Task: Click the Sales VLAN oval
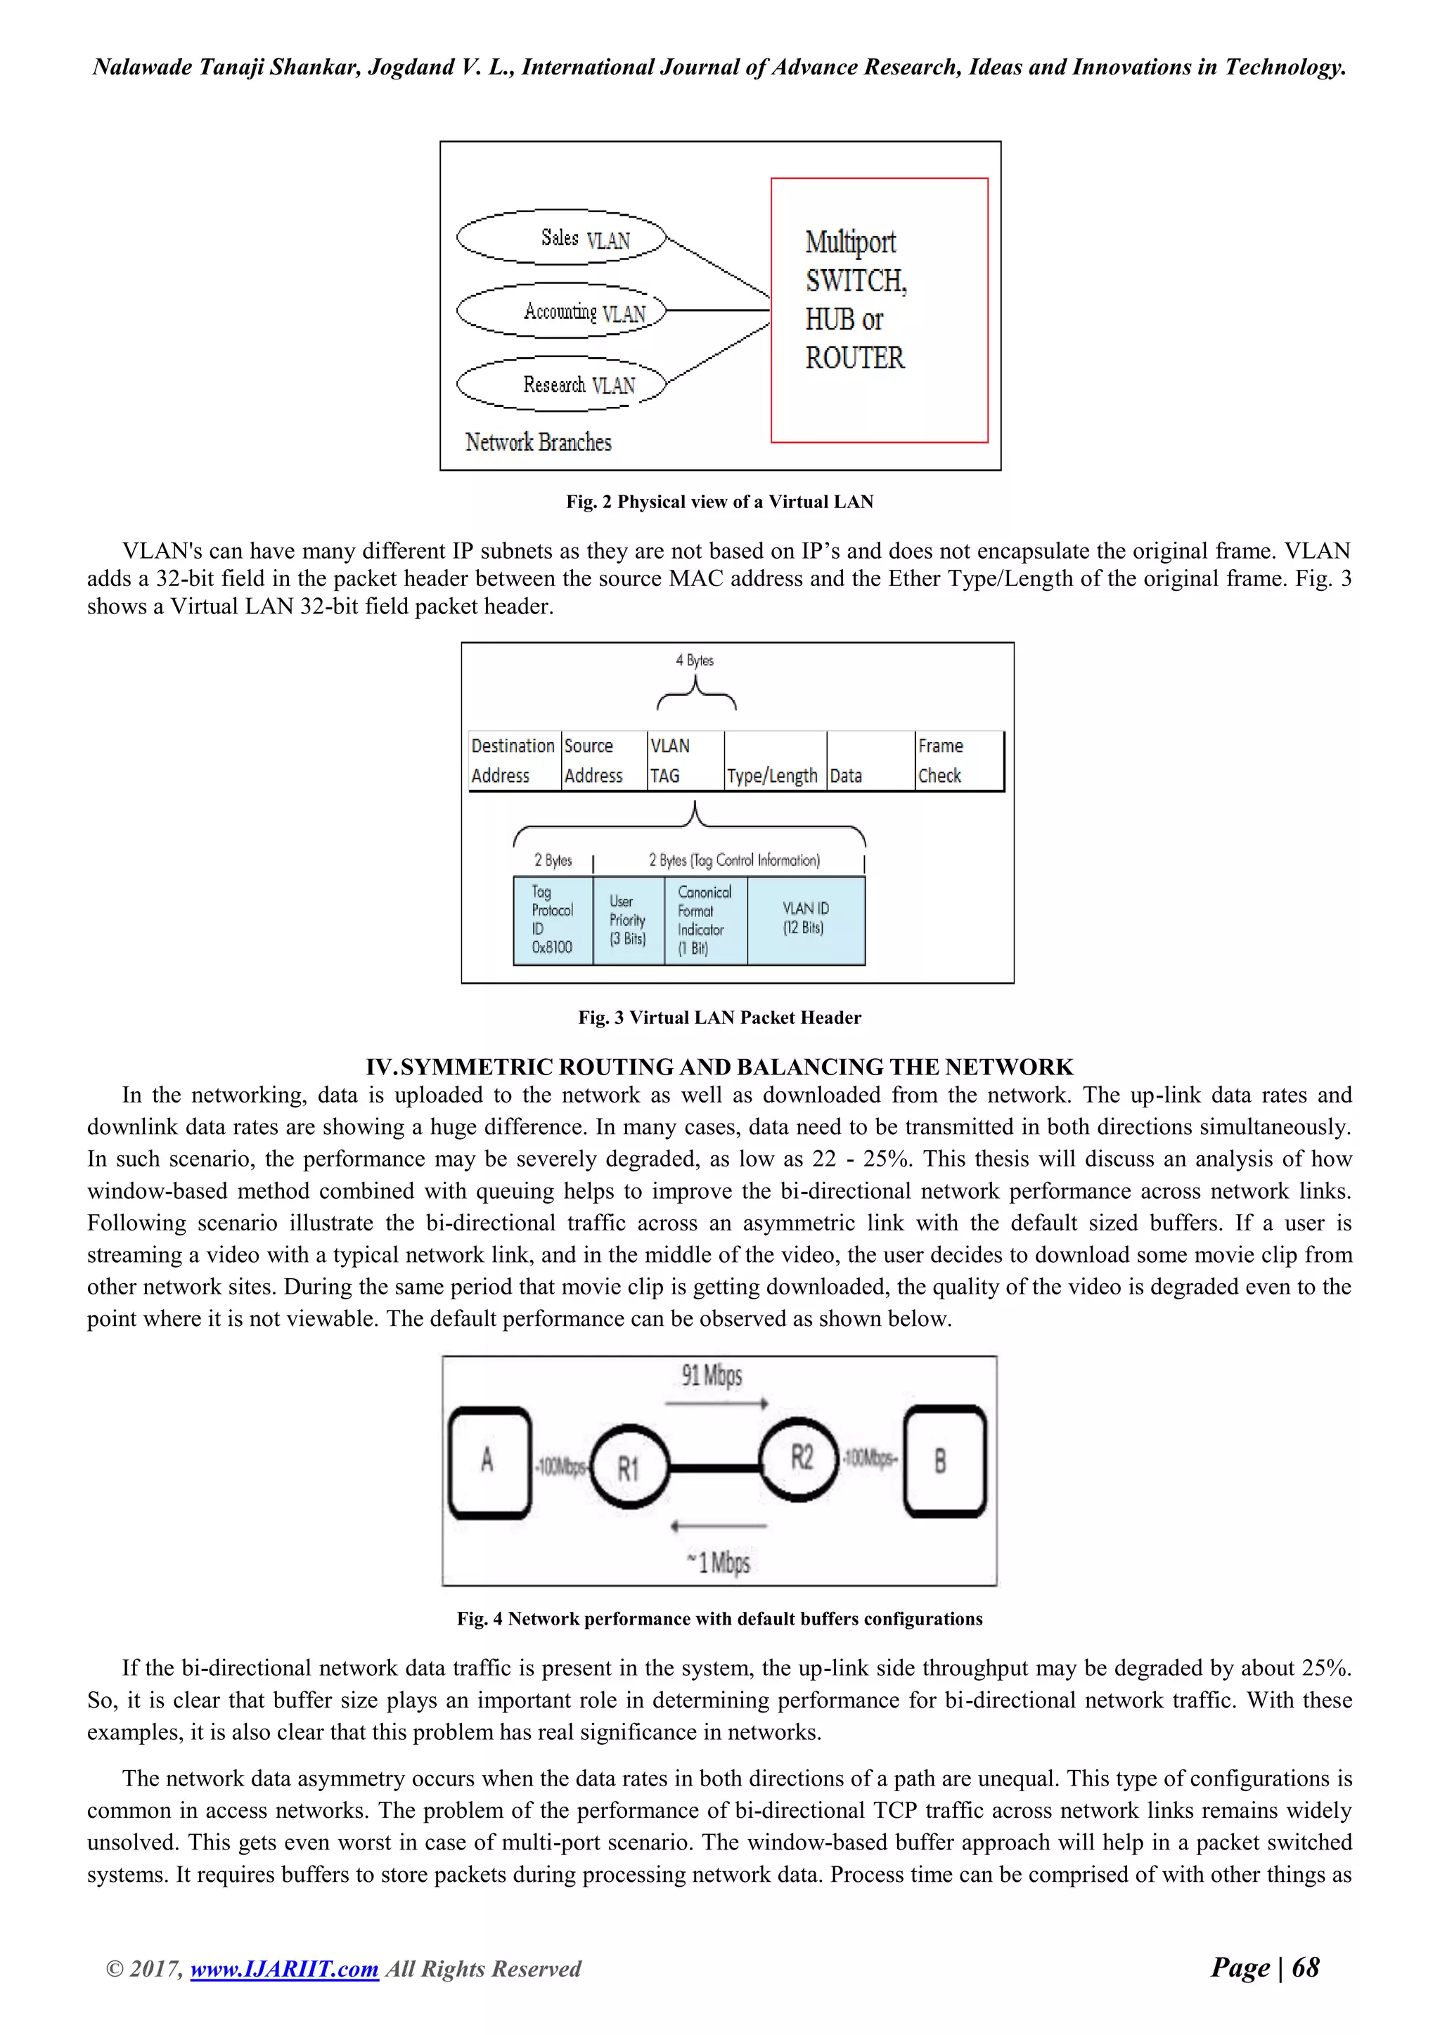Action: pyautogui.click(x=560, y=238)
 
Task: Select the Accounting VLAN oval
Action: pyautogui.click(x=560, y=311)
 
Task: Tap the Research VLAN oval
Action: pyautogui.click(x=560, y=384)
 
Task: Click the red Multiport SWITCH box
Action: pyautogui.click(x=879, y=309)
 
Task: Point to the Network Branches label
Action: pyautogui.click(x=538, y=442)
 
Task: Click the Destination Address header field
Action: pyautogui.click(x=513, y=760)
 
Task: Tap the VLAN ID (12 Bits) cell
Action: pyautogui.click(x=805, y=919)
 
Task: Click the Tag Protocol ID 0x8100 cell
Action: pyautogui.click(x=553, y=919)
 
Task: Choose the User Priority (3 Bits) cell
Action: pyautogui.click(x=628, y=920)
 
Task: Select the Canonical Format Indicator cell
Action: pyautogui.click(x=705, y=920)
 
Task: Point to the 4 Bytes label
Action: pyautogui.click(x=694, y=661)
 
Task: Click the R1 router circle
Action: pyautogui.click(x=629, y=1469)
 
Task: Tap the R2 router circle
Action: pyautogui.click(x=801, y=1458)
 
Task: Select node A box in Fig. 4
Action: pyautogui.click(x=489, y=1461)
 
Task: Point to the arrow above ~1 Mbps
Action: pyautogui.click(x=718, y=1526)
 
